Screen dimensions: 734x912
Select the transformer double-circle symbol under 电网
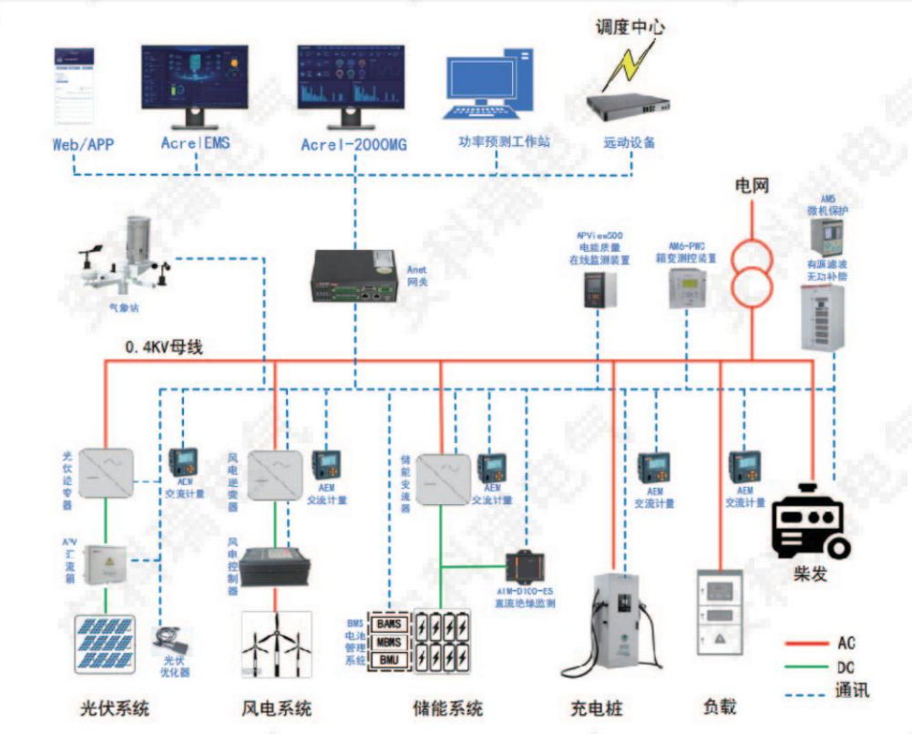pyautogui.click(x=753, y=271)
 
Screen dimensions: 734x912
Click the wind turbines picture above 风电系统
pyautogui.click(x=276, y=644)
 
